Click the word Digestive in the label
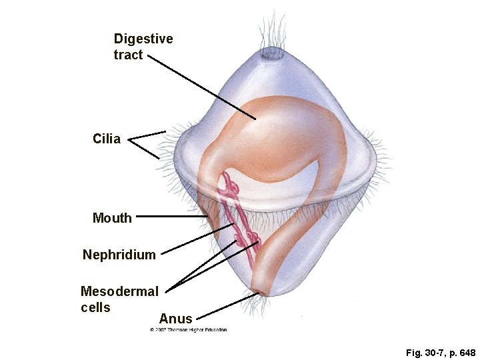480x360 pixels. pyautogui.click(x=143, y=39)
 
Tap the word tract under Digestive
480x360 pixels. pyautogui.click(x=128, y=55)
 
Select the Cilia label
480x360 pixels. pyautogui.click(x=107, y=139)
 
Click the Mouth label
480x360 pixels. pyautogui.click(x=112, y=217)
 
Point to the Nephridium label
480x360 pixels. pyautogui.click(x=119, y=255)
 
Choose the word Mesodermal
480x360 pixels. pyautogui.click(x=119, y=291)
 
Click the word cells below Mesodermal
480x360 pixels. pyautogui.click(x=95, y=307)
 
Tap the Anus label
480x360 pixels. pyautogui.click(x=176, y=319)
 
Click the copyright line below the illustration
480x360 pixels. pyautogui.click(x=189, y=329)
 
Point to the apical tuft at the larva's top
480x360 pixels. pyautogui.click(x=271, y=53)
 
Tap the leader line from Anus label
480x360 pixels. pyautogui.click(x=227, y=305)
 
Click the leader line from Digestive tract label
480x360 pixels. pyautogui.click(x=200, y=87)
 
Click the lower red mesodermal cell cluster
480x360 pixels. pyautogui.click(x=253, y=241)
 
